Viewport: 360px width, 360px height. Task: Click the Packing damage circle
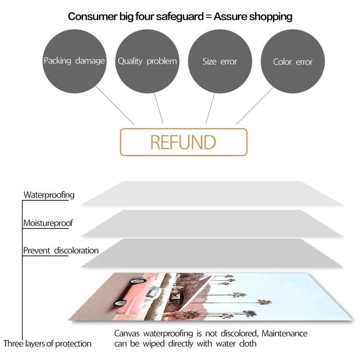click(74, 61)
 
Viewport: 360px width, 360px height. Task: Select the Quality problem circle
click(147, 61)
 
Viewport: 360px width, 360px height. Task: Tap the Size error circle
click(220, 61)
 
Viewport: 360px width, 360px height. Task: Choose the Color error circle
click(293, 62)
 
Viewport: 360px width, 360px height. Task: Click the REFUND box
click(184, 142)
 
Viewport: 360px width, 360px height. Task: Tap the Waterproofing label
click(49, 194)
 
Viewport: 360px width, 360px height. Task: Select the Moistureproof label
click(48, 223)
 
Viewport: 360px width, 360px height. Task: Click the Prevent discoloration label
click(61, 250)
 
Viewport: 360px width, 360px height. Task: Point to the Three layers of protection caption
click(47, 344)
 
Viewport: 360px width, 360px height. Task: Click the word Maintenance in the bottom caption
click(284, 333)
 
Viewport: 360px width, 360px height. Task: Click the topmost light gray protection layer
click(211, 193)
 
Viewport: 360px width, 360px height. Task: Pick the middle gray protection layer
click(211, 223)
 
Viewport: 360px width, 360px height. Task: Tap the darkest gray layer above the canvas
click(211, 253)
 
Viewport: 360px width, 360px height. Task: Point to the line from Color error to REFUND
click(255, 105)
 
